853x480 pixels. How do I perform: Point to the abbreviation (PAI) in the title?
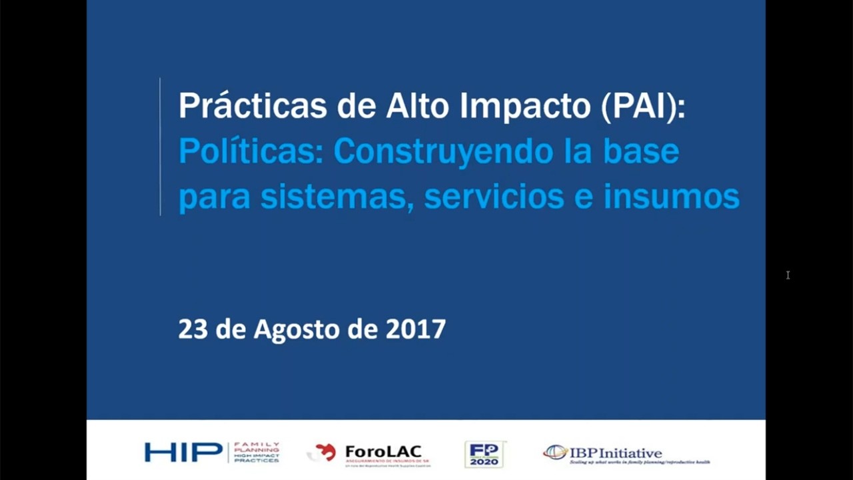[641, 107]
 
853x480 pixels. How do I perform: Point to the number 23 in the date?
[193, 329]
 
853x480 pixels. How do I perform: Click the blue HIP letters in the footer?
[183, 452]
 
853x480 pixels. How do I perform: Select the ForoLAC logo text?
[383, 451]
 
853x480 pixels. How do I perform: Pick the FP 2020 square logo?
[484, 453]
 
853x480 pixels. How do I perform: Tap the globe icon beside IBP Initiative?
[554, 452]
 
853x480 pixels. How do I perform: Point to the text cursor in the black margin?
[788, 275]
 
